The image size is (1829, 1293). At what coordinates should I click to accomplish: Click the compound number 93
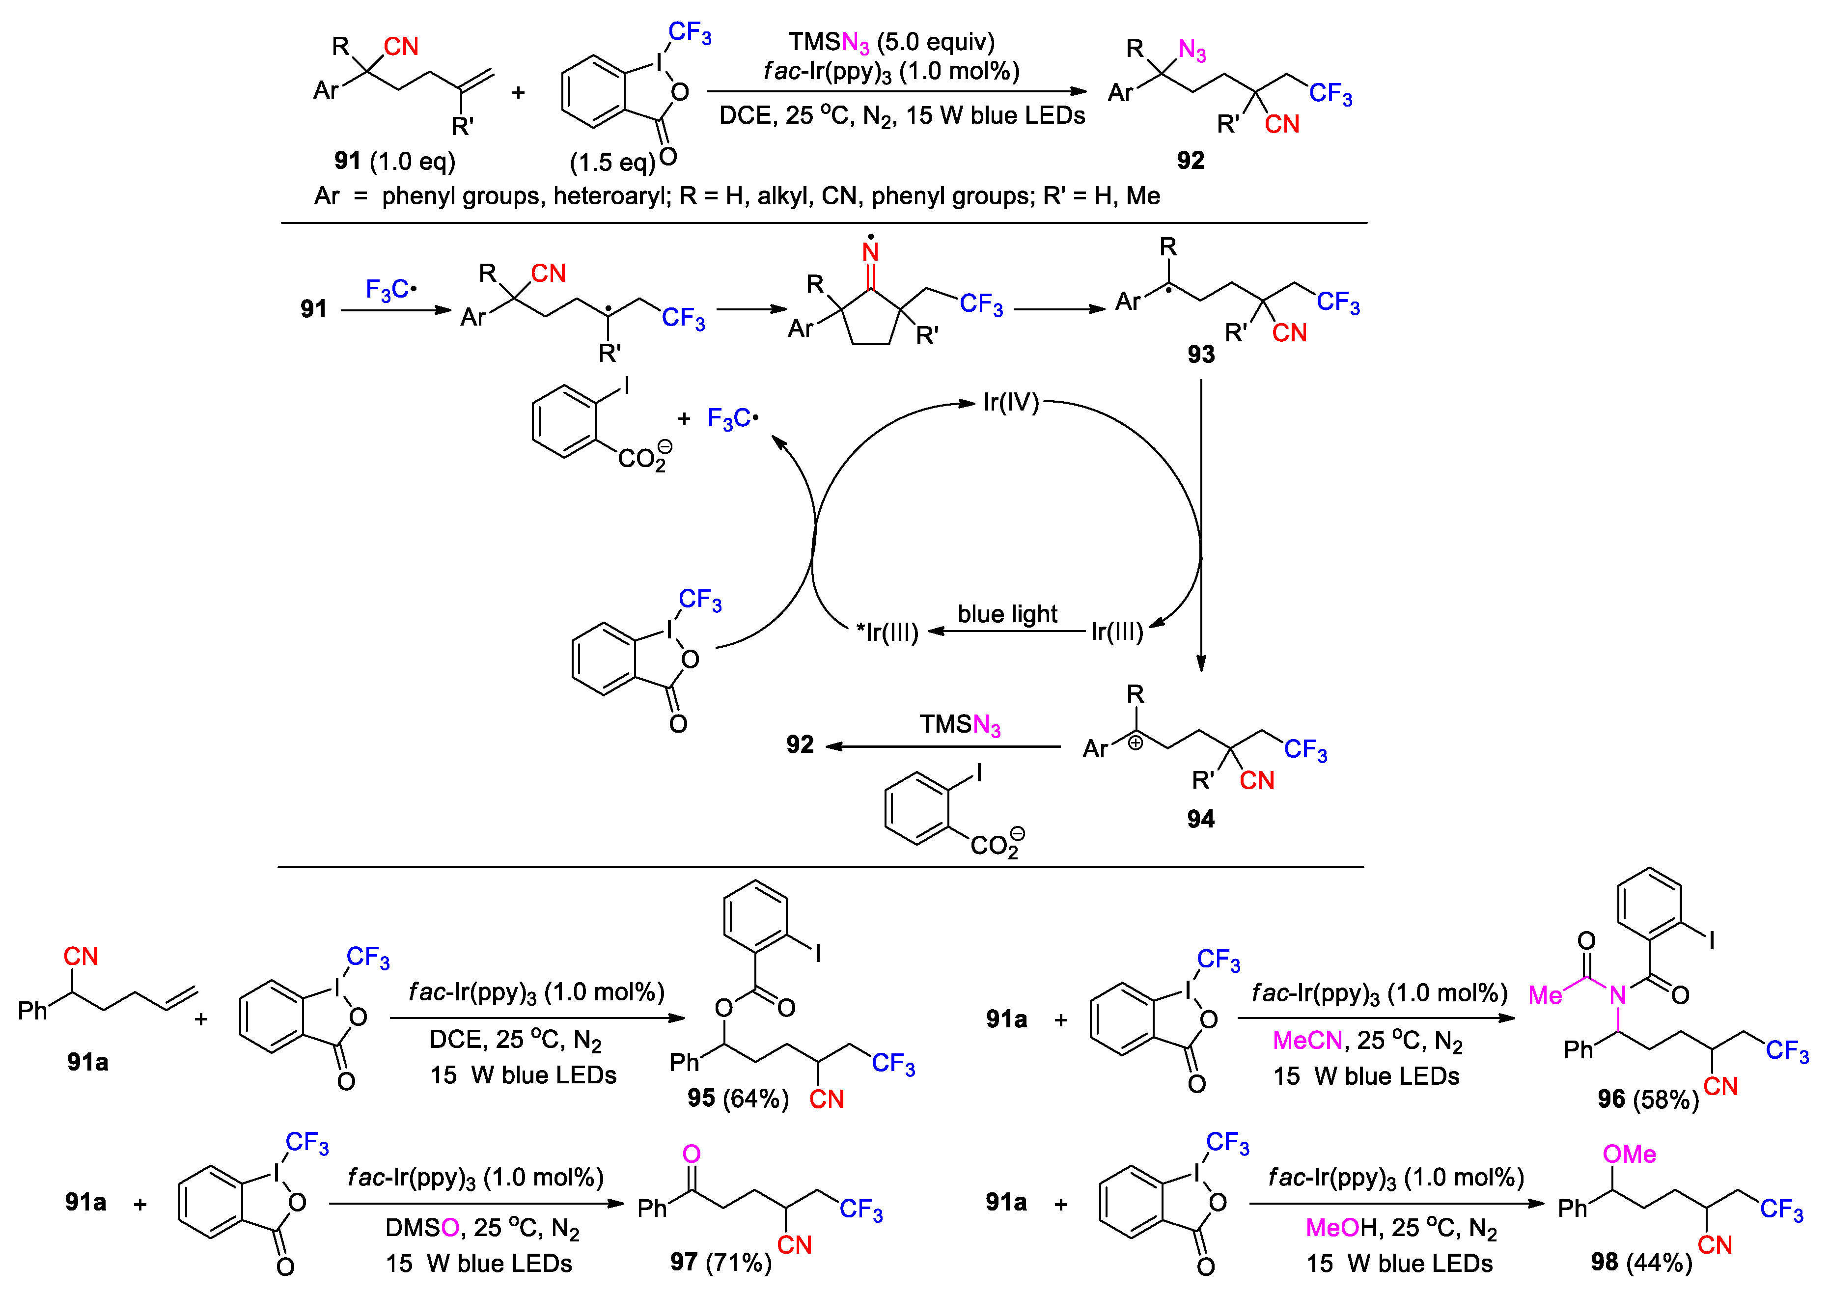pos(1200,355)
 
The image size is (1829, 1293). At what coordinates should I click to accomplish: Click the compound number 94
pos(1200,819)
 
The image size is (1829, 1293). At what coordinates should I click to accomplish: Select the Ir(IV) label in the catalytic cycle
pos(1010,402)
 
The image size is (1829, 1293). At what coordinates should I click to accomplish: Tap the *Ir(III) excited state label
pos(887,633)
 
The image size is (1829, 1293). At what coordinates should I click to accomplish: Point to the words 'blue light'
pos(1007,614)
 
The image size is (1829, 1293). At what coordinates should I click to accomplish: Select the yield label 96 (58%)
pos(1647,1100)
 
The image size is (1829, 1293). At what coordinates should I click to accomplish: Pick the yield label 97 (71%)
pos(720,1262)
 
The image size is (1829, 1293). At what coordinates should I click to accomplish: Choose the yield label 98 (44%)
pos(1641,1262)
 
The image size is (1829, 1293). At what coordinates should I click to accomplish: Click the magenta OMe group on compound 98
pos(1629,1155)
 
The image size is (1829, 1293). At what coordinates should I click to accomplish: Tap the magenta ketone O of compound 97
pos(692,1155)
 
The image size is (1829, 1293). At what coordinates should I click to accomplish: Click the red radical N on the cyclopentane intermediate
pos(871,252)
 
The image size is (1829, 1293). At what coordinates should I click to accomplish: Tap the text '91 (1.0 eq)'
pos(394,162)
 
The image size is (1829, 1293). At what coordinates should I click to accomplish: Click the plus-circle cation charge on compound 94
pos(1135,743)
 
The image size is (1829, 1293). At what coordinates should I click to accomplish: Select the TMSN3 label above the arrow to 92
pos(959,725)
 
